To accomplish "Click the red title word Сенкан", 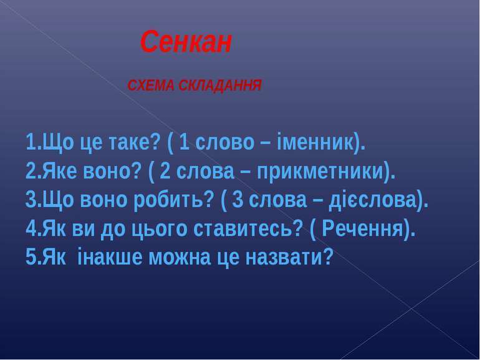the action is pyautogui.click(x=186, y=42).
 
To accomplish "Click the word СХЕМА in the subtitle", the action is pyautogui.click(x=151, y=85).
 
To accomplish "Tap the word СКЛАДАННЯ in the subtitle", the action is pyautogui.click(x=220, y=85).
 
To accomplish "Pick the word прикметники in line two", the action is pyautogui.click(x=320, y=172).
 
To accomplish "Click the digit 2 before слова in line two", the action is pyautogui.click(x=165, y=171).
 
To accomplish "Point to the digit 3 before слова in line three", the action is pyautogui.click(x=238, y=200).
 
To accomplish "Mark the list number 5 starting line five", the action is pyautogui.click(x=31, y=257).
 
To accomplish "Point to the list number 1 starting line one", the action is pyautogui.click(x=31, y=142).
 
